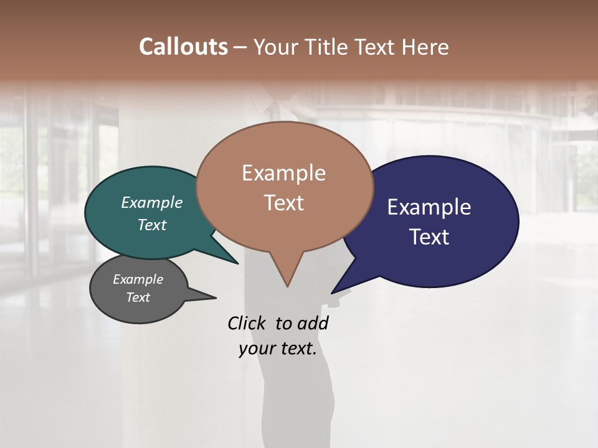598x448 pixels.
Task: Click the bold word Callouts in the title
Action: coord(183,47)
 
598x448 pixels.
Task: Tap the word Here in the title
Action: coord(425,47)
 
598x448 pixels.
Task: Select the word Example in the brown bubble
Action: coord(283,173)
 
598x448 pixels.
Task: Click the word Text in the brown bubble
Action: coord(283,203)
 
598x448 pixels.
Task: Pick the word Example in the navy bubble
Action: coord(429,207)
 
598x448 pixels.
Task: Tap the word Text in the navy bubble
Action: coord(429,237)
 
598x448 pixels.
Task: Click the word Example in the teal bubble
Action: coord(152,203)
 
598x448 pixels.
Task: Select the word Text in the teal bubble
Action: coord(152,225)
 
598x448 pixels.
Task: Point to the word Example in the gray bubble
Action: coord(138,279)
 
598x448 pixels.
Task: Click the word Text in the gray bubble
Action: coord(138,297)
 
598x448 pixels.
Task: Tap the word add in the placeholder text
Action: coord(313,324)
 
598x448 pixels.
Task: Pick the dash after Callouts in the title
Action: coord(240,47)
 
